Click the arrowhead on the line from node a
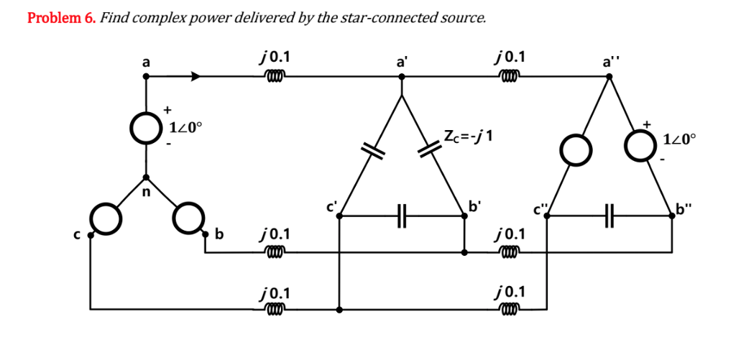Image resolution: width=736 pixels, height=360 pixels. click(x=196, y=75)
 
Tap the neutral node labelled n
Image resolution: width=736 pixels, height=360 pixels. click(x=146, y=177)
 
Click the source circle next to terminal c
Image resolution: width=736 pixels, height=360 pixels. click(x=106, y=221)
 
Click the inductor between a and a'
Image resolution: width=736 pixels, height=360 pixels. click(x=275, y=75)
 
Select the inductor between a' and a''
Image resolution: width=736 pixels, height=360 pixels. click(x=508, y=75)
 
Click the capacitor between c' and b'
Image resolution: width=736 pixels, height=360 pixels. click(x=401, y=213)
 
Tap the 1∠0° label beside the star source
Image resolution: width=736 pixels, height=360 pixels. click(x=186, y=129)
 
